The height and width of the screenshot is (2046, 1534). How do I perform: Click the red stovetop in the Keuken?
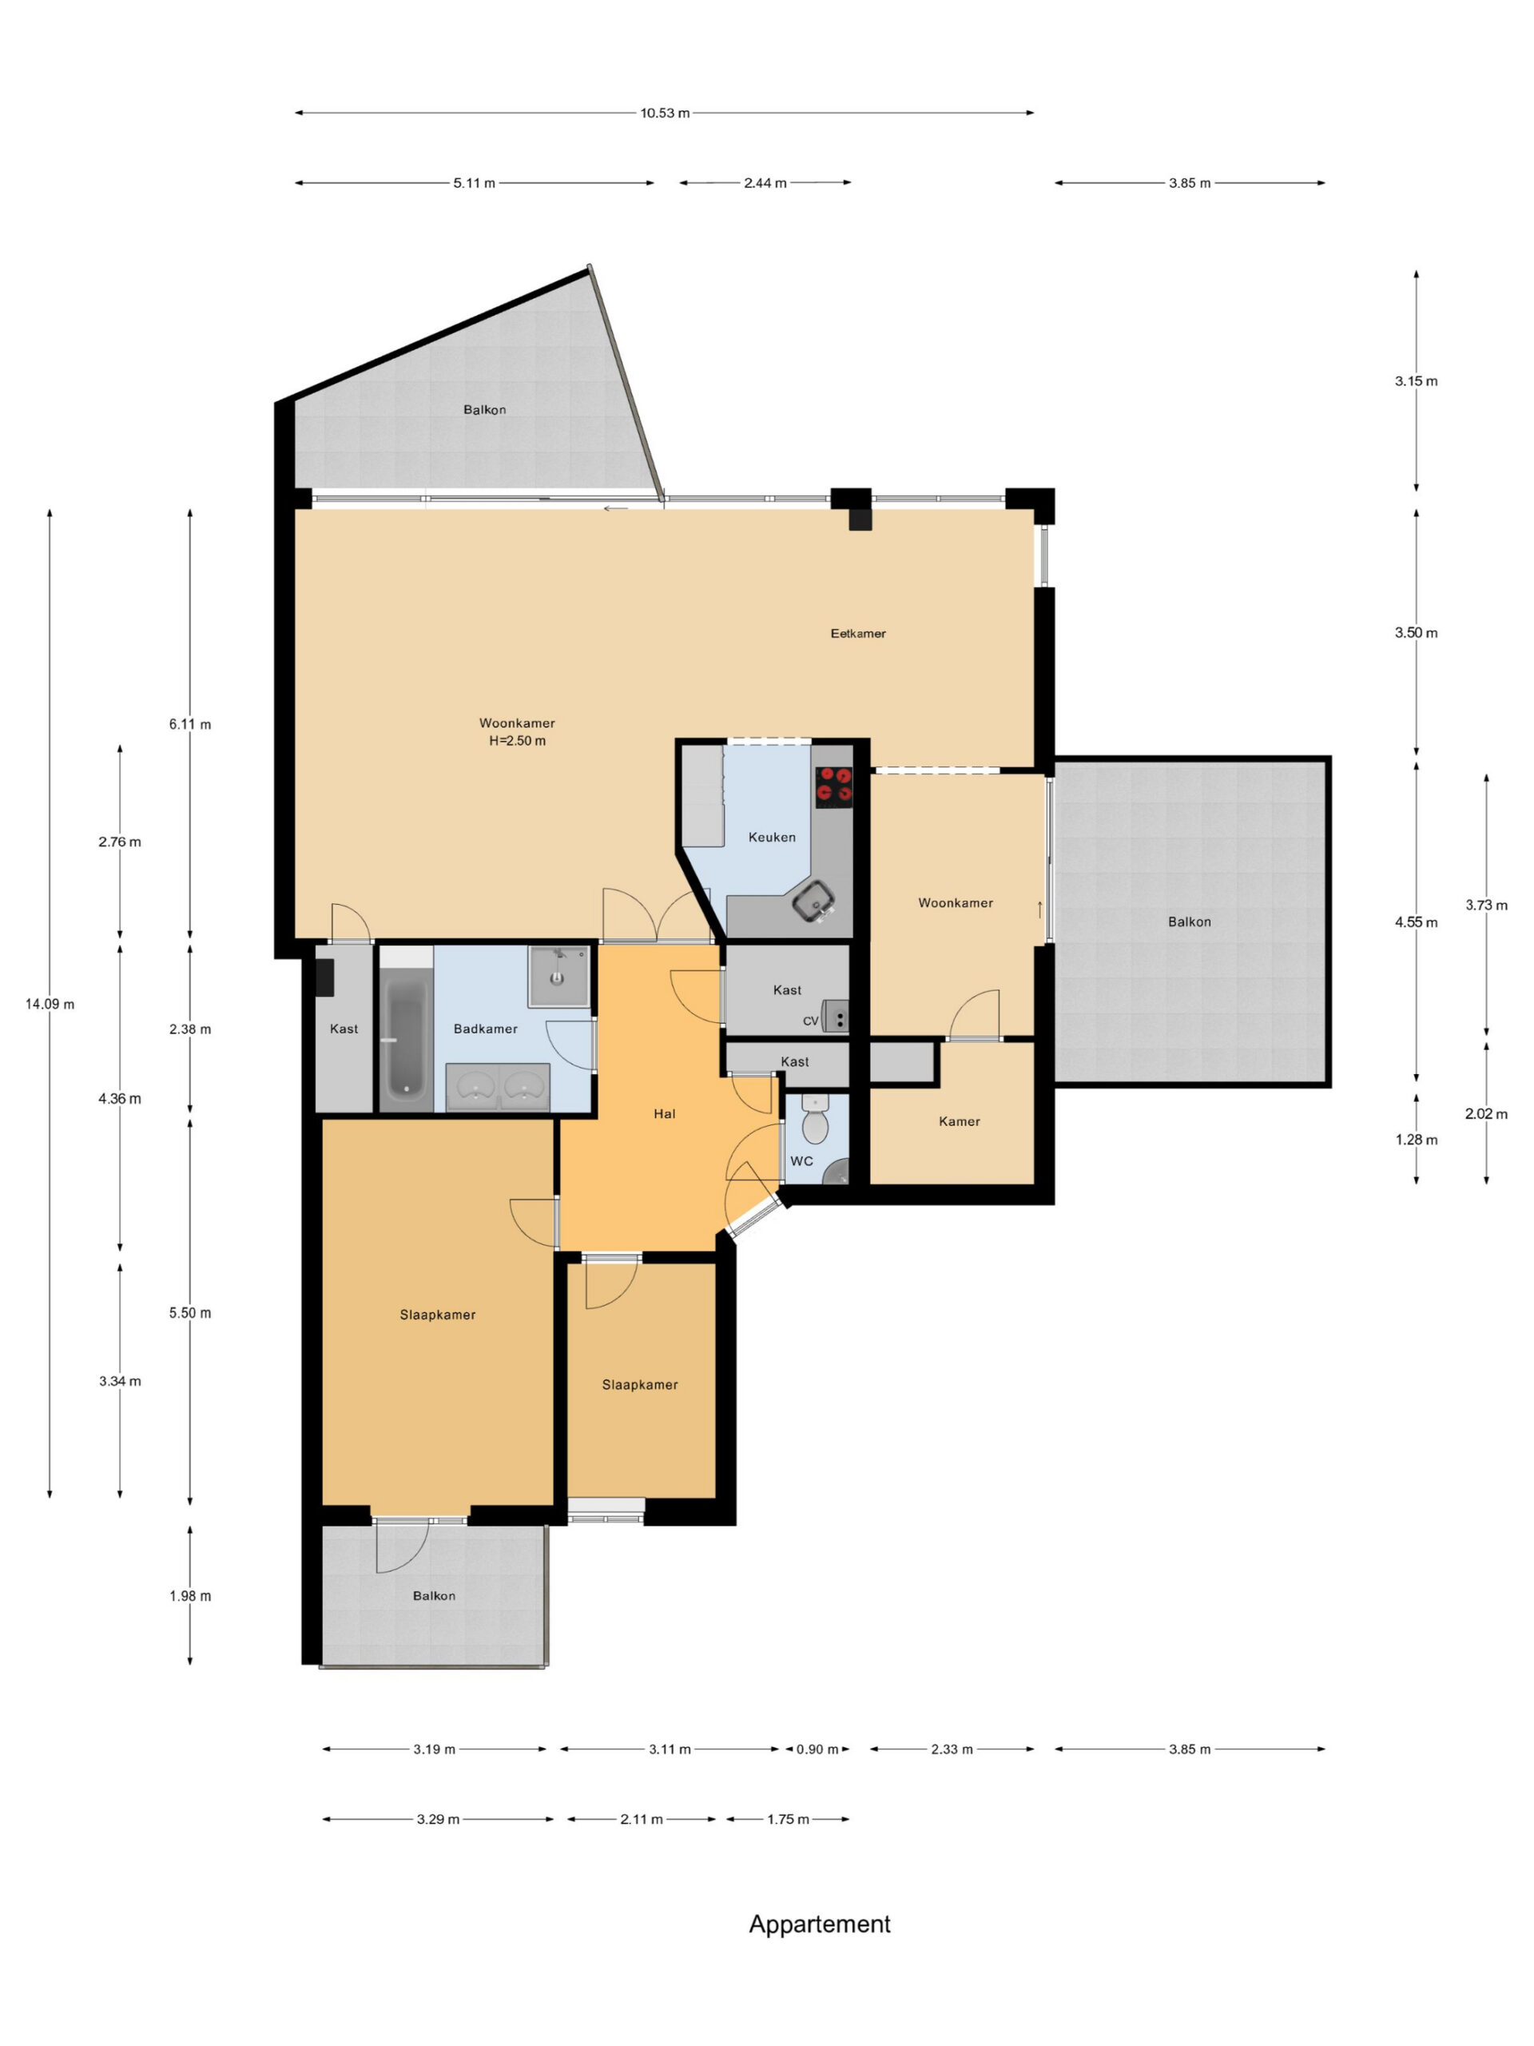point(833,786)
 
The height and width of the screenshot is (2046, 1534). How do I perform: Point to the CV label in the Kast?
point(810,1021)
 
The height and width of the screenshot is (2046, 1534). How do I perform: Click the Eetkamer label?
point(857,634)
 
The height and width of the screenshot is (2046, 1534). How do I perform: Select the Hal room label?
point(664,1113)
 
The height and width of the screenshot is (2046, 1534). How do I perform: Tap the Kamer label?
point(959,1121)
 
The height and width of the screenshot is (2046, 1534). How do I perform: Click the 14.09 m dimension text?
point(50,1004)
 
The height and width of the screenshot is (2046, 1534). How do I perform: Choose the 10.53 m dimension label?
point(665,113)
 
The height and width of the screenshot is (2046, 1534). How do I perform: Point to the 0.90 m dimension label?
point(817,1749)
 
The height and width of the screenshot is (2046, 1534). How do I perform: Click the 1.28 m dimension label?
point(1416,1140)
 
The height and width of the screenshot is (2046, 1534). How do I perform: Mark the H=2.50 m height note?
point(517,741)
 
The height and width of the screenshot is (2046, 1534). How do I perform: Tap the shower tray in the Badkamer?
point(558,976)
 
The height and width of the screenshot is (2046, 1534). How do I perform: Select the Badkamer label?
point(486,1029)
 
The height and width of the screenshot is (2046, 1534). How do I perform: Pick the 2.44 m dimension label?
point(765,183)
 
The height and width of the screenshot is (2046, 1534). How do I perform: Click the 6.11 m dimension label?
point(189,724)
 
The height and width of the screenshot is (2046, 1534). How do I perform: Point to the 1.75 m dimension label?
point(788,1819)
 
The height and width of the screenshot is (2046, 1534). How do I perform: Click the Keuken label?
point(772,837)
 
